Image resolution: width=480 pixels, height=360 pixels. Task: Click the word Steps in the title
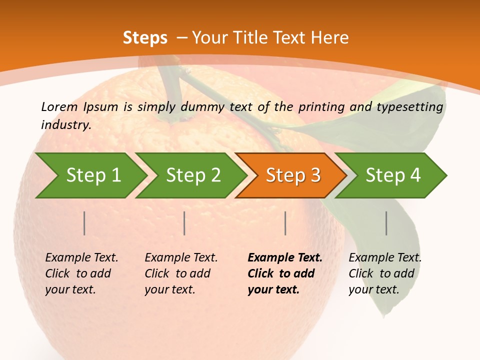pyautogui.click(x=145, y=38)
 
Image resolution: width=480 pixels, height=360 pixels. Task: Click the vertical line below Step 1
pyautogui.click(x=84, y=223)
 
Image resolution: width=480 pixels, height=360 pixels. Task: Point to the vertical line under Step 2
pyautogui.click(x=184, y=223)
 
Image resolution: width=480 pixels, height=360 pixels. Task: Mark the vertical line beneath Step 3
pyautogui.click(x=285, y=223)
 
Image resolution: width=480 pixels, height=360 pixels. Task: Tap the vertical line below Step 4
pyautogui.click(x=386, y=223)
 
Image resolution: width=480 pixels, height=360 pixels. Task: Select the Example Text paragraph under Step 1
pyautogui.click(x=81, y=273)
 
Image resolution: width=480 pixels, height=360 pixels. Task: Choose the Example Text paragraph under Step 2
pyautogui.click(x=181, y=273)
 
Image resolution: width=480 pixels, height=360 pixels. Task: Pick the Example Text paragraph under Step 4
pyautogui.click(x=385, y=273)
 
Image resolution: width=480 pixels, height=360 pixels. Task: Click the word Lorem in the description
pyautogui.click(x=59, y=106)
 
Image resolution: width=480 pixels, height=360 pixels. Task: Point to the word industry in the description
pyautogui.click(x=66, y=125)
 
